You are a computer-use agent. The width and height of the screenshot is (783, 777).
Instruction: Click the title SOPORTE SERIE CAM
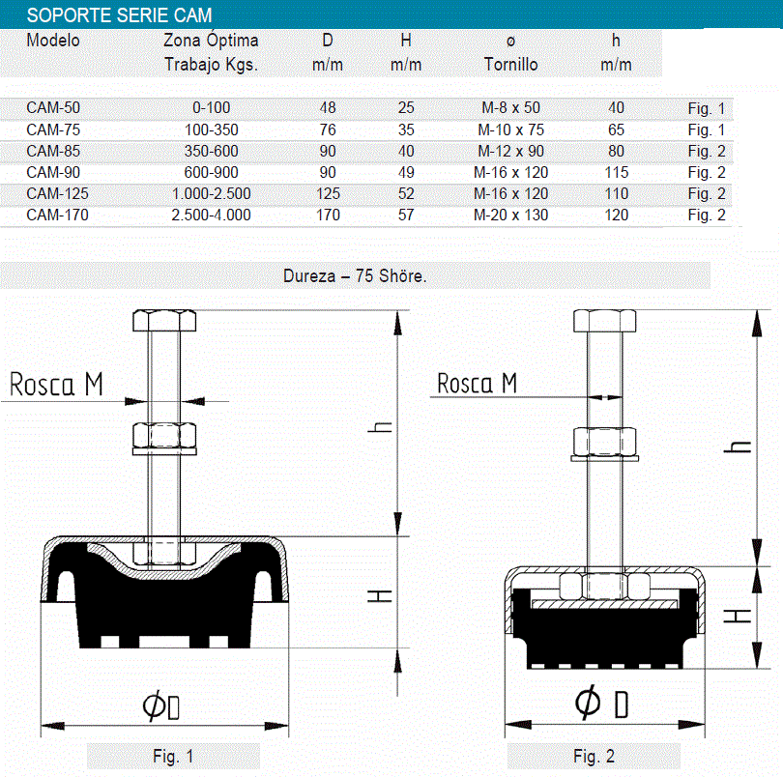[119, 15]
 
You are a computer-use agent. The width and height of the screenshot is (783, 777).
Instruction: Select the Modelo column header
[53, 41]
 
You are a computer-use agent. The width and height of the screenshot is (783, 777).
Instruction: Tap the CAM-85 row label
[53, 152]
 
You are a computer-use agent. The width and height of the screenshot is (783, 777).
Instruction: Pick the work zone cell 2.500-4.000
[212, 216]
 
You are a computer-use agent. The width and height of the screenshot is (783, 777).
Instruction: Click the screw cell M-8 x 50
[510, 108]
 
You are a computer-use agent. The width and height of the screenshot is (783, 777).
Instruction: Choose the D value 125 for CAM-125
[328, 193]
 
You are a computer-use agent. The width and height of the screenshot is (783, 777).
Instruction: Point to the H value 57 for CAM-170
[406, 216]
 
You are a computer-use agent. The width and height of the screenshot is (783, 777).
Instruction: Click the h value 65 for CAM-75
[616, 129]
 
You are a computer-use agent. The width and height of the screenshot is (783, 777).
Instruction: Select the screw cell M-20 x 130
[510, 216]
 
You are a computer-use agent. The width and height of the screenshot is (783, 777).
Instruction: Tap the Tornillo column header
[510, 65]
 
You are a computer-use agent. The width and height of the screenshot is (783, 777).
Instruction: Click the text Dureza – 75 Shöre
[355, 275]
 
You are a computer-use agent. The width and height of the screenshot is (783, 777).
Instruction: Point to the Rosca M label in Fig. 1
[56, 385]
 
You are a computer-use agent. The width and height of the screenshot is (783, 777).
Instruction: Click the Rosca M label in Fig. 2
[477, 383]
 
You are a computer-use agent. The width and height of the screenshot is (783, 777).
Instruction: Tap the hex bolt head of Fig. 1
[164, 320]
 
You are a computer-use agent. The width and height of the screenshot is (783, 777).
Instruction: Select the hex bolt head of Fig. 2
[605, 321]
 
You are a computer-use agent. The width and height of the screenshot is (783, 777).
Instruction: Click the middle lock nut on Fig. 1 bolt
[164, 436]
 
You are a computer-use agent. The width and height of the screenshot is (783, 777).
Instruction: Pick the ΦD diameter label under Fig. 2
[601, 702]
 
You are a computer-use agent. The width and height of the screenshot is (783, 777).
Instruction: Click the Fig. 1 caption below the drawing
[173, 756]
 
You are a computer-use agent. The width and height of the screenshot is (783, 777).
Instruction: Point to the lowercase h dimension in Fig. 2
[737, 446]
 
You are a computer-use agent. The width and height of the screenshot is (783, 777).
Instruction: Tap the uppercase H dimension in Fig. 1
[380, 595]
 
